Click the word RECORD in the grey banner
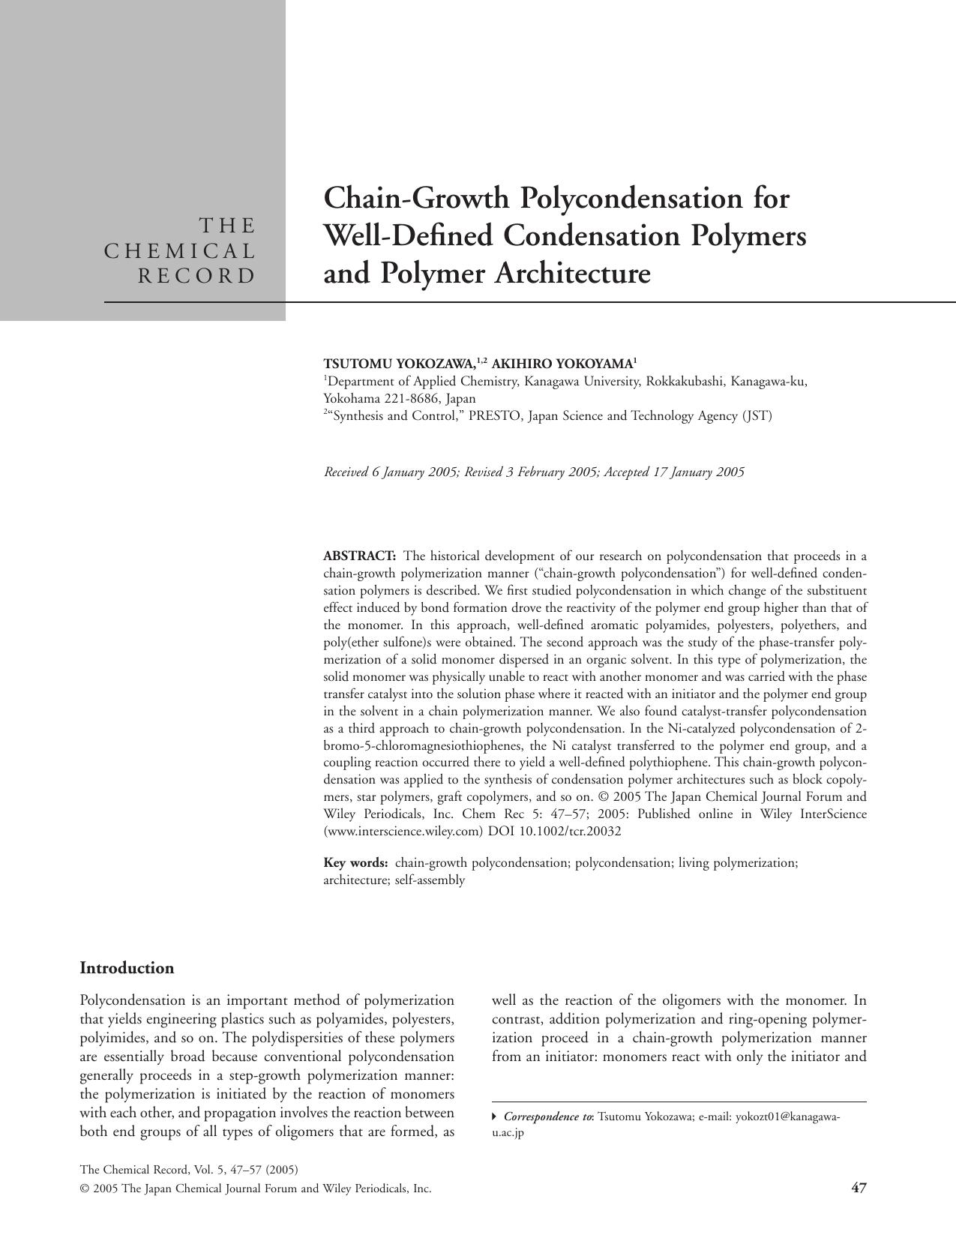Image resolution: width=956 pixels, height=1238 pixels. (197, 276)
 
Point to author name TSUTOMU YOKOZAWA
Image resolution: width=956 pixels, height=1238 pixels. (400, 364)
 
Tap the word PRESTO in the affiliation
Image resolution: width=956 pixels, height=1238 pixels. (494, 415)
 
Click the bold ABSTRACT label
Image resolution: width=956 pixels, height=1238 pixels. (359, 556)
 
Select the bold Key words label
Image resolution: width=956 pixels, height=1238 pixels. (355, 863)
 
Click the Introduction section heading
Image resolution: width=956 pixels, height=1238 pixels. (127, 968)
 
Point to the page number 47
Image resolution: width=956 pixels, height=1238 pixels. (859, 1188)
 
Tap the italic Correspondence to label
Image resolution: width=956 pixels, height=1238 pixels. (547, 1117)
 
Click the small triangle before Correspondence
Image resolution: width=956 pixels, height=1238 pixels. (494, 1117)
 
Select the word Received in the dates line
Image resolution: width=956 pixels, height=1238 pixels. (346, 472)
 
